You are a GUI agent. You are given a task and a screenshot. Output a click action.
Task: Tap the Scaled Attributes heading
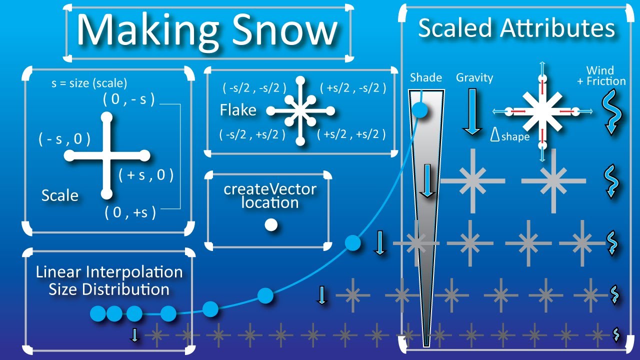(516, 28)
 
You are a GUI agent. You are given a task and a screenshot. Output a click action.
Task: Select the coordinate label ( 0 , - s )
(128, 99)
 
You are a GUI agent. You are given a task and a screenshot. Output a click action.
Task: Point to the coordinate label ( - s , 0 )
(64, 139)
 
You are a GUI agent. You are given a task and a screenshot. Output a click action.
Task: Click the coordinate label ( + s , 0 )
(146, 175)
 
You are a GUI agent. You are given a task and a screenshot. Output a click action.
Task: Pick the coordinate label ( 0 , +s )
(130, 212)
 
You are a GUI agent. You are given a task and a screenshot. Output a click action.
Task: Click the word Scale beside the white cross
(60, 195)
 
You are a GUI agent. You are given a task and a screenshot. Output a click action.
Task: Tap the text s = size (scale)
(89, 83)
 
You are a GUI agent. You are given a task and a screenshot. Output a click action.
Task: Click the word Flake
(238, 109)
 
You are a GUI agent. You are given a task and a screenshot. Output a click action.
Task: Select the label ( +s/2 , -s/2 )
(353, 88)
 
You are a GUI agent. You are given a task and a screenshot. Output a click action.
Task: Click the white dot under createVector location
(271, 225)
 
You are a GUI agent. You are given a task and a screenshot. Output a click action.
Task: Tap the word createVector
(270, 189)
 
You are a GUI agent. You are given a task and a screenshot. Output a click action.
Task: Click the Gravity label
(474, 77)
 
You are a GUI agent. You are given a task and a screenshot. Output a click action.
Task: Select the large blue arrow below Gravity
(471, 111)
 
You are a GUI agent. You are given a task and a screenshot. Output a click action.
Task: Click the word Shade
(426, 77)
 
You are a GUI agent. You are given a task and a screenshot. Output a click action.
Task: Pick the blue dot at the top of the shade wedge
(420, 110)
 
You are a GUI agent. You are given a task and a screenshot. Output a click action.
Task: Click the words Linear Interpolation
(109, 272)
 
